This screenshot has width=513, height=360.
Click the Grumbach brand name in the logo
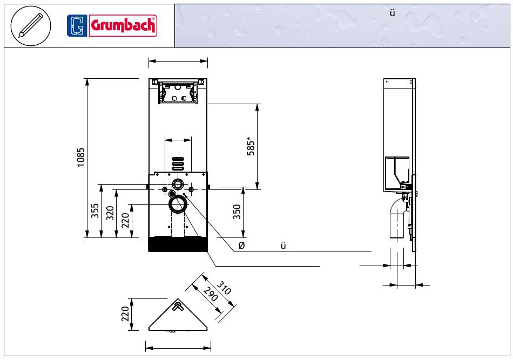pos(123,25)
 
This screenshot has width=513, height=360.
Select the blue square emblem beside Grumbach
pos(77,25)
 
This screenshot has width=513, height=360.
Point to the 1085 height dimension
pos(81,158)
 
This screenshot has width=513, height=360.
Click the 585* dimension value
pos(251,146)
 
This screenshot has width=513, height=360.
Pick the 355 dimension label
pos(95,211)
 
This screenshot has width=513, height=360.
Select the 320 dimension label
pos(110,213)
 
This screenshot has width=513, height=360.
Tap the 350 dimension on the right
pos(237,212)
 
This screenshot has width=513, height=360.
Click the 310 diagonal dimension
pos(224,288)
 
